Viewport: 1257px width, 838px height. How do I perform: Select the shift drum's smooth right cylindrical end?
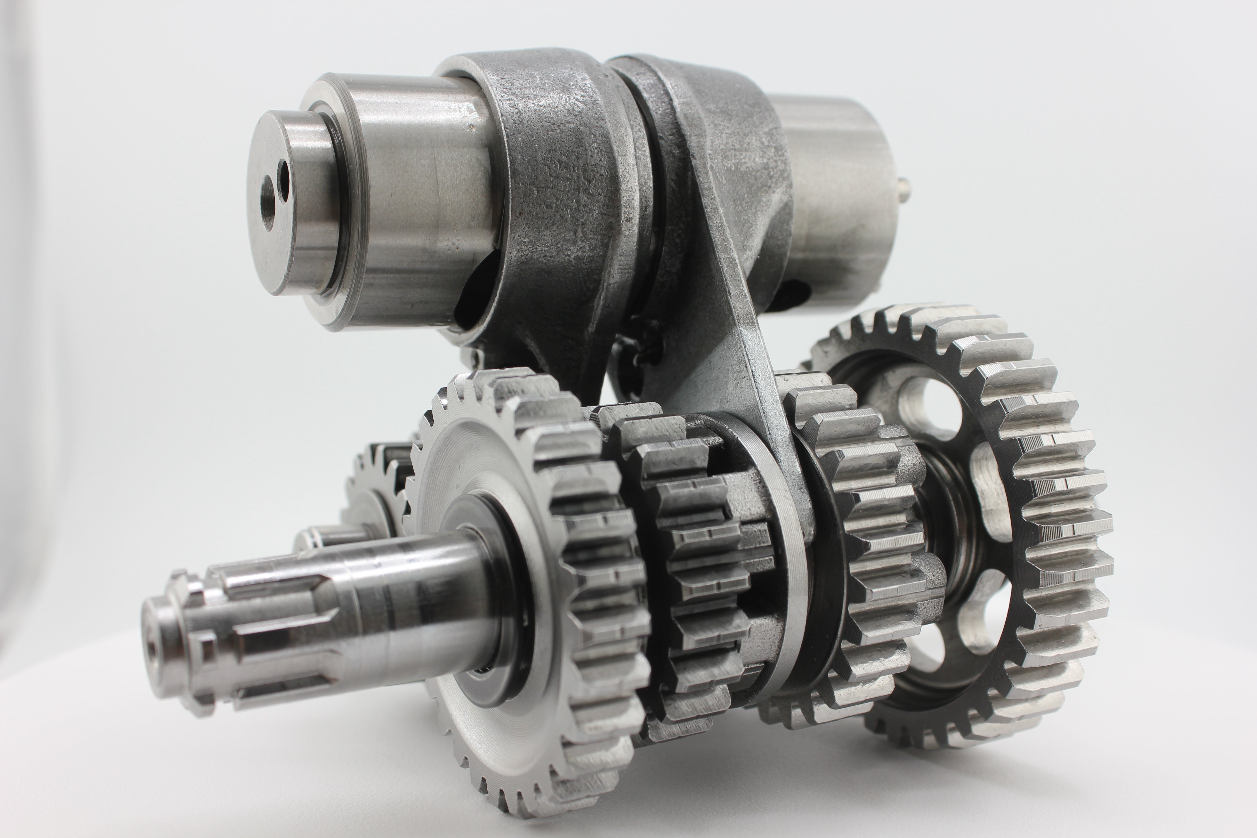click(x=839, y=203)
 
